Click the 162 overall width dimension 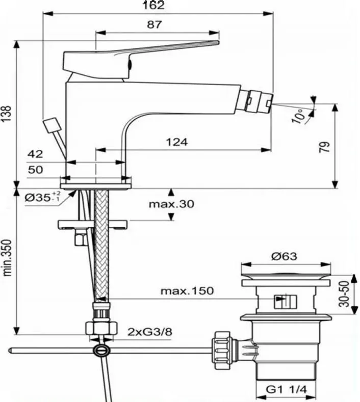click(x=153, y=5)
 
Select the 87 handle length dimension click(x=154, y=24)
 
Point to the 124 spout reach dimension click(x=177, y=142)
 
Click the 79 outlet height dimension click(x=325, y=147)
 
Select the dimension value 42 click(x=35, y=154)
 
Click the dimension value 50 click(x=35, y=170)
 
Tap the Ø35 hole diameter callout click(x=43, y=197)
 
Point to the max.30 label click(x=171, y=204)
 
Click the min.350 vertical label click(x=7, y=258)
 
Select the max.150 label click(x=187, y=291)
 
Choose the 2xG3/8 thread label click(x=150, y=332)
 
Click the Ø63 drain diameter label click(x=285, y=256)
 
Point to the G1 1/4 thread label click(x=286, y=390)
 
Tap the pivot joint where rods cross click(x=102, y=350)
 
